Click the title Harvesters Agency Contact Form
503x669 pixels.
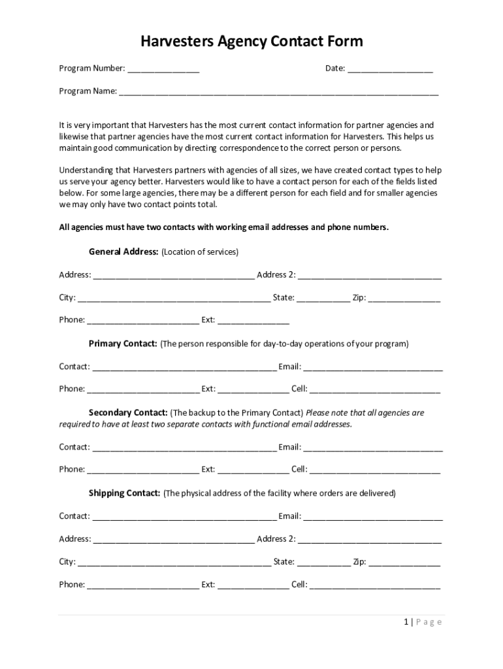click(x=252, y=42)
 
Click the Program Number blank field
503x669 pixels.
click(x=163, y=69)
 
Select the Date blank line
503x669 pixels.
click(x=390, y=69)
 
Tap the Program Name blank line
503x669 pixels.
click(x=278, y=92)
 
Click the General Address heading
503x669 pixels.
click(x=123, y=252)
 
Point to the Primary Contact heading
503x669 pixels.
click(x=123, y=344)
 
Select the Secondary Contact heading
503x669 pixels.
click(x=128, y=413)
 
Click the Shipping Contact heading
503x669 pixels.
click(x=124, y=493)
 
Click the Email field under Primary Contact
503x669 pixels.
click(x=373, y=367)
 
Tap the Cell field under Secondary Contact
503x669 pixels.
click(x=375, y=470)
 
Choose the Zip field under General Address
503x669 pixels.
click(x=404, y=299)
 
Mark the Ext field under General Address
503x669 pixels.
click(x=253, y=321)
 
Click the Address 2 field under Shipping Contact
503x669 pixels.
click(x=370, y=540)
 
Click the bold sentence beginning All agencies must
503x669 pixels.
click(x=223, y=227)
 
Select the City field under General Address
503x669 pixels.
click(x=174, y=299)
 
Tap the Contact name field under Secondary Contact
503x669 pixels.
click(x=184, y=448)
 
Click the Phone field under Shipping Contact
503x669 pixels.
click(x=143, y=585)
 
